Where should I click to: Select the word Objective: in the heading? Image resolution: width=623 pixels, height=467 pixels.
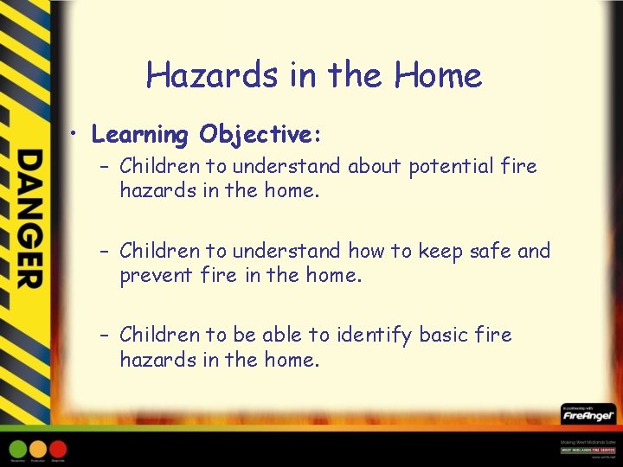260,136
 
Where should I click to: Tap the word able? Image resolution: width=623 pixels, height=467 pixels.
298,334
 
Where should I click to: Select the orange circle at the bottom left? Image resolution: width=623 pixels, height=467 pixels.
38,450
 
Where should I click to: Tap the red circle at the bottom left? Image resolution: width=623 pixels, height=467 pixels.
58,450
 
